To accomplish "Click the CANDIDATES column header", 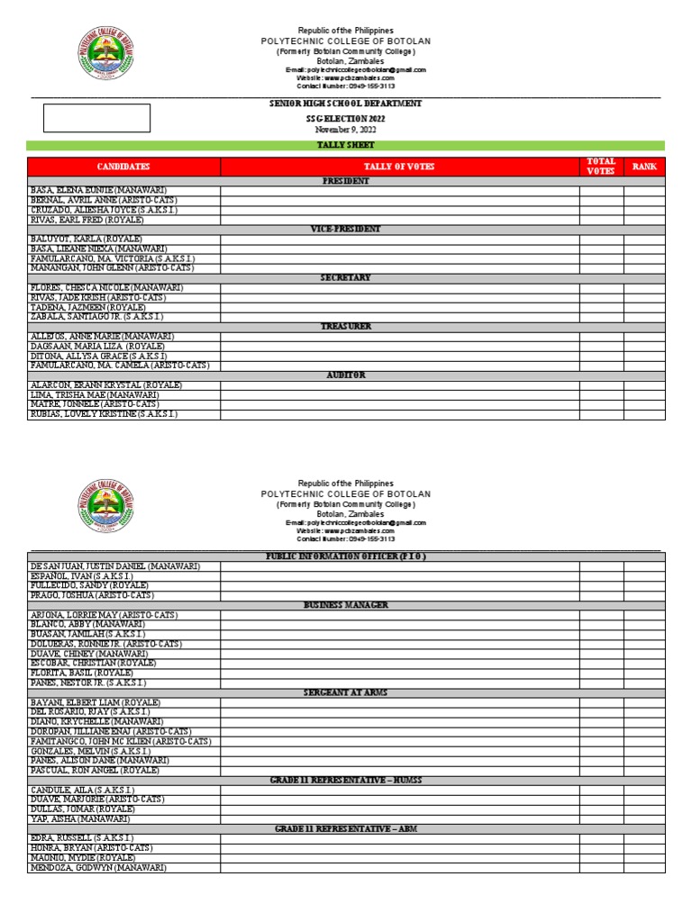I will [x=123, y=167].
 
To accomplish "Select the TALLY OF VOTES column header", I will [x=399, y=167].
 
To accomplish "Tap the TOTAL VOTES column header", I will [x=601, y=167].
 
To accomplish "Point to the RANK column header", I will [x=644, y=167].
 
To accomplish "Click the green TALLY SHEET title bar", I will [x=345, y=145].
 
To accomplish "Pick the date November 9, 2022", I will [x=346, y=130].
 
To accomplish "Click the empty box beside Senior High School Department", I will [x=97, y=118].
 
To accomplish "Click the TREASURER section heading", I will [x=346, y=326].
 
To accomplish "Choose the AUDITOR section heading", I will [x=346, y=375].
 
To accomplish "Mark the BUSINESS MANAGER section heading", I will [x=346, y=605].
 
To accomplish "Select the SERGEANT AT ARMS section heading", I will [x=346, y=692].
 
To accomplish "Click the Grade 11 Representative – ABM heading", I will [x=346, y=828].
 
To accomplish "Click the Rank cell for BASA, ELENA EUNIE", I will [x=644, y=191].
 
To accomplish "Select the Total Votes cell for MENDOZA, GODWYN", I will [x=601, y=868].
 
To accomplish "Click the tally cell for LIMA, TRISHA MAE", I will [x=399, y=394].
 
